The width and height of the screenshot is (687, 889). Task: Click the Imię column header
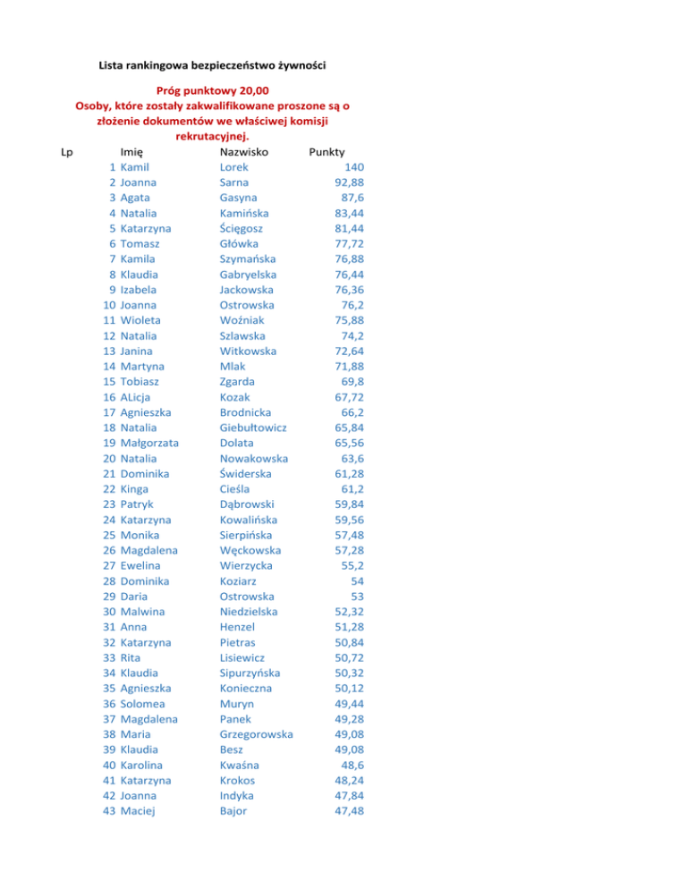tap(132, 151)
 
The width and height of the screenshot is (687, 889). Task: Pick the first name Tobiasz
tap(143, 381)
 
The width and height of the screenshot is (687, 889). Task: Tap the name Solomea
tap(145, 704)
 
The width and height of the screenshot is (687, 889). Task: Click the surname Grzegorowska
tap(257, 734)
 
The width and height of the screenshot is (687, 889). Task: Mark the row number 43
tap(106, 811)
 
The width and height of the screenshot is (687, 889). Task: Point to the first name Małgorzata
tap(149, 443)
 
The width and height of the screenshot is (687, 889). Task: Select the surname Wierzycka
tap(247, 565)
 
